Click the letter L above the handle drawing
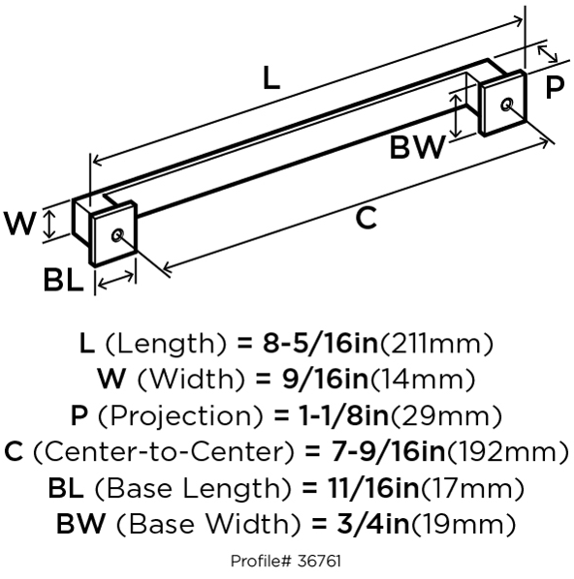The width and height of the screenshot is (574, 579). (271, 77)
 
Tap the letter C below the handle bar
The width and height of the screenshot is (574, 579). (366, 218)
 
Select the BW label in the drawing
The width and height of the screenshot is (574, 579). (417, 147)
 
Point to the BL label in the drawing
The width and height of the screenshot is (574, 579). (63, 280)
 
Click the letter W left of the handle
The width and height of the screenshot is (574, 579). (19, 223)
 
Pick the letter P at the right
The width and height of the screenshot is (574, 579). (555, 87)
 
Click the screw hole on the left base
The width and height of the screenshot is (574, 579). (117, 235)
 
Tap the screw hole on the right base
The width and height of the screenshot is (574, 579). (507, 105)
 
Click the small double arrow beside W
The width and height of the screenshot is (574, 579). (49, 223)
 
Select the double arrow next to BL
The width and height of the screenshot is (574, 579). (116, 280)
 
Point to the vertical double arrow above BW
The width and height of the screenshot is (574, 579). (457, 115)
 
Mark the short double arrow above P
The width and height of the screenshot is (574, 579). (548, 53)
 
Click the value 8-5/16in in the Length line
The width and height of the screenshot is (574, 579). (320, 344)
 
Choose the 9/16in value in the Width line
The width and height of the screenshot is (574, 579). (326, 380)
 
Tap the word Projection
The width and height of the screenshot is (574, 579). (180, 416)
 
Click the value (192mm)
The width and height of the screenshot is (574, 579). (508, 451)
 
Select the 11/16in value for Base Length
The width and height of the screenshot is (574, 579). (373, 488)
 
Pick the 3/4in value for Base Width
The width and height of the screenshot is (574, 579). (373, 524)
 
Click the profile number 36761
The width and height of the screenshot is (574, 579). (318, 562)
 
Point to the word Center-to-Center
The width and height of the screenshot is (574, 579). (164, 451)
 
